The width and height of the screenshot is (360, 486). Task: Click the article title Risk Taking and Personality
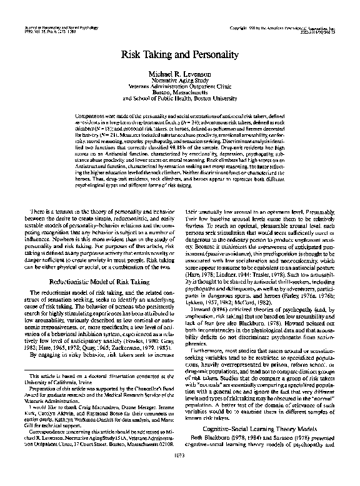(x=180, y=54)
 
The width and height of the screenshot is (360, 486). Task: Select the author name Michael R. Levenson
(x=180, y=74)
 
